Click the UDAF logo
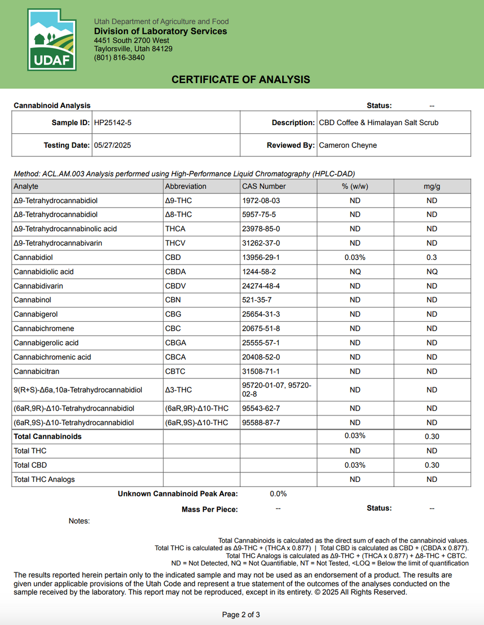52,40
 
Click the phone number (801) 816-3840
119,58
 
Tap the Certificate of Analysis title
241,79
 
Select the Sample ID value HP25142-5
112,122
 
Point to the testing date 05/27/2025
112,145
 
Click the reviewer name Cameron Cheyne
347,145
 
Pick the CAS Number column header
264,186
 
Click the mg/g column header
432,186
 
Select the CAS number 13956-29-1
261,257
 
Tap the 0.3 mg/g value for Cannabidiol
432,257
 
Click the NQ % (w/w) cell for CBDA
355,272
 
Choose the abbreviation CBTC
175,371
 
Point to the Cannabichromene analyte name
44,328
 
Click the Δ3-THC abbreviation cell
178,390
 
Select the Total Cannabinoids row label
47,437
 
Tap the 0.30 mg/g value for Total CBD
432,465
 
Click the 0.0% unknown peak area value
278,494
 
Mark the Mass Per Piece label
209,509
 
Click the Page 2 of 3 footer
241,615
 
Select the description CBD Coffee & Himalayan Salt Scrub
378,122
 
